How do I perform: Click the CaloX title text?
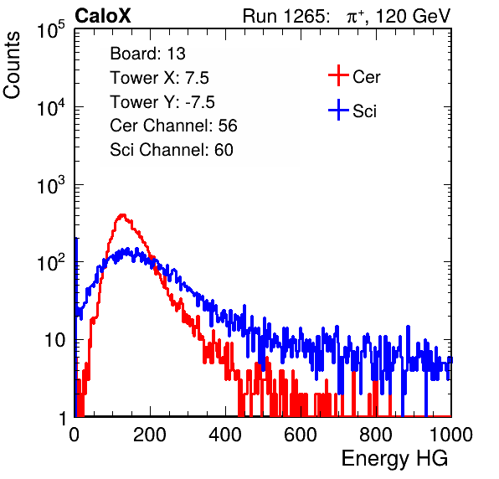(x=102, y=16)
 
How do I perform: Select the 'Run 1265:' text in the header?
(x=286, y=16)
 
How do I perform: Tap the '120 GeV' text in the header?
(x=413, y=16)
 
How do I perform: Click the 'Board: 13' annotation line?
(x=147, y=54)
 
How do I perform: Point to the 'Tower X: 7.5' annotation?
(x=159, y=78)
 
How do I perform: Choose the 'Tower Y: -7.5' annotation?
(x=162, y=102)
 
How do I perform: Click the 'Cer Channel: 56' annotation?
(x=173, y=126)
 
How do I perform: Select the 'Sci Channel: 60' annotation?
(x=172, y=150)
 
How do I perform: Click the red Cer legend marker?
(x=338, y=75)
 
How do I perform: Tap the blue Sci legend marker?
(x=338, y=110)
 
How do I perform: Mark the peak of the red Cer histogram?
(x=122, y=215)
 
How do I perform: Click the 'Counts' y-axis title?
(x=12, y=65)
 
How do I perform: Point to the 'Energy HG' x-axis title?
(x=394, y=459)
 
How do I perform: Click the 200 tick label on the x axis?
(x=150, y=435)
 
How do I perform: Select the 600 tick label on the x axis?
(x=301, y=435)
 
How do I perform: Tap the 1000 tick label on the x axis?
(x=451, y=435)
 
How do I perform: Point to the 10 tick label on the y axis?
(x=54, y=340)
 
